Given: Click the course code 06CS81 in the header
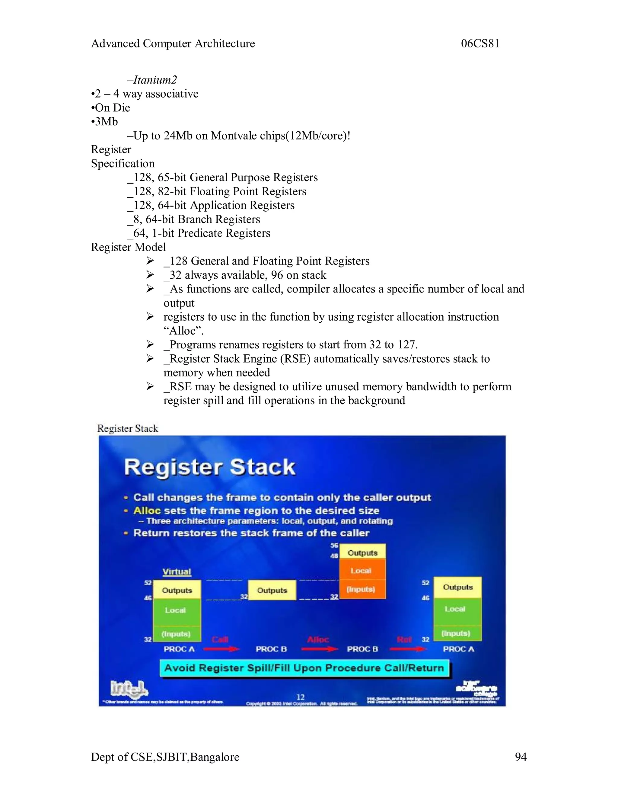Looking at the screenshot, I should pos(480,43).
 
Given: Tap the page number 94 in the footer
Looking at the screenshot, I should pos(520,757).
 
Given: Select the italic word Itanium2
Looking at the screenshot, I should pos(155,80).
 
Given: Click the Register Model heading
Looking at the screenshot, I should pos(128,247).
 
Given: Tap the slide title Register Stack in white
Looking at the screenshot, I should pos(209,467).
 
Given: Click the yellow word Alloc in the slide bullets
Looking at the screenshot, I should pos(147,510).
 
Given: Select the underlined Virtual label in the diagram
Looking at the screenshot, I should pos(177,571).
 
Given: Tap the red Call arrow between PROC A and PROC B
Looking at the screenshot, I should pos(221,649).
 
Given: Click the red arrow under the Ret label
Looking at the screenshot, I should pos(408,649).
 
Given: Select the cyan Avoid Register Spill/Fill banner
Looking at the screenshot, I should pos(304,668).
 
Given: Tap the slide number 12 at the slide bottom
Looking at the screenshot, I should pos(301,697).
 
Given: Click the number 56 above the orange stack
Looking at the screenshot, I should pos(334,546).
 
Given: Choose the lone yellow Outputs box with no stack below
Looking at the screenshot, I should pos(272,590).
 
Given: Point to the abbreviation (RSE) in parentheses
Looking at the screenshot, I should pos(295,359).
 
